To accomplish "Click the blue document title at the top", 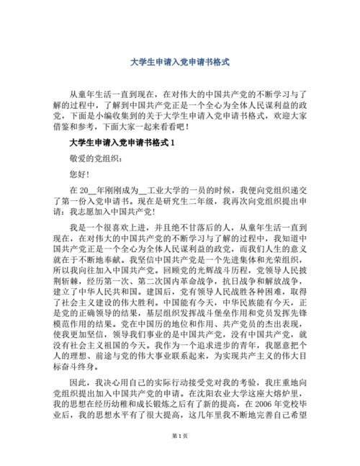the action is tap(180, 63).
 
